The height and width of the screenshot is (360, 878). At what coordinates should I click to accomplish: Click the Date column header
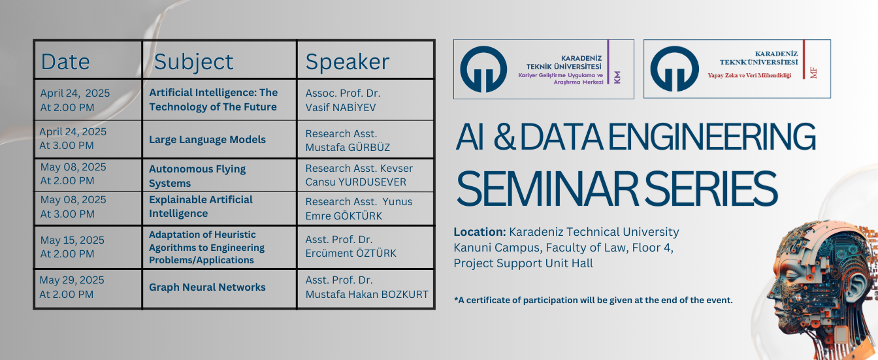point(65,61)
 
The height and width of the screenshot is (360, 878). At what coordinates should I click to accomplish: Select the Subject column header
point(193,62)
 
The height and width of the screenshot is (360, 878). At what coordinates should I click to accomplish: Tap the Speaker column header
point(348,62)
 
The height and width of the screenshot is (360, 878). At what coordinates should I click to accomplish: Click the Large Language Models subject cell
point(207,140)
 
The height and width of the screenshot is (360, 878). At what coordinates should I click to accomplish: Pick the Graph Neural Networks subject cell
point(207,287)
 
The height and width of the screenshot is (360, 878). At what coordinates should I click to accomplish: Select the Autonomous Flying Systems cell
point(197,176)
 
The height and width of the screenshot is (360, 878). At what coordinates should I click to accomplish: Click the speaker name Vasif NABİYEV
point(340,107)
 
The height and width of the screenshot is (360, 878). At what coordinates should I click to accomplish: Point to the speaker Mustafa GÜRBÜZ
point(348,148)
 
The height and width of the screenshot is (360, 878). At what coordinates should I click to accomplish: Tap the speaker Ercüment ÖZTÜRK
point(351,254)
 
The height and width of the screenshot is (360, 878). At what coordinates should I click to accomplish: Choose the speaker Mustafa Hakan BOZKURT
point(367,294)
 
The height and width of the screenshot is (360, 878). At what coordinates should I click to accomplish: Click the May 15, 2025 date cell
point(72,247)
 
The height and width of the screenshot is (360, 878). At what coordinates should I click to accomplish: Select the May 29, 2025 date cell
point(72,287)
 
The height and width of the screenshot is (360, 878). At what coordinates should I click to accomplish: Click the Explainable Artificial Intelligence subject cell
point(201,206)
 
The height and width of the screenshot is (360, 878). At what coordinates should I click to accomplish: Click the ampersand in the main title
point(504,137)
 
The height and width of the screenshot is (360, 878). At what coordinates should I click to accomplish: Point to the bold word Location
point(480,232)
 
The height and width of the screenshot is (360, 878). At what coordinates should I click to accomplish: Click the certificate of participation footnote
point(593,300)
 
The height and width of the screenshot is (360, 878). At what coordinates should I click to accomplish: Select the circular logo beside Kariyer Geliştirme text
point(483,69)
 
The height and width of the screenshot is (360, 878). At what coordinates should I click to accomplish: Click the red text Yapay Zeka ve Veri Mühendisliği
point(749,75)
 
